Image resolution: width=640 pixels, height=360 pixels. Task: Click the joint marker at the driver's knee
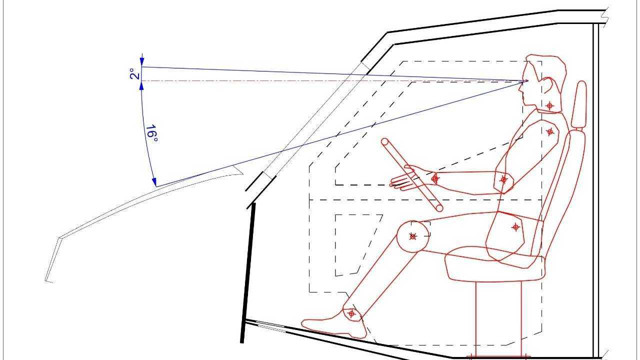click(413, 236)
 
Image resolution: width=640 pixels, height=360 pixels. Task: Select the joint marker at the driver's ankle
click(351, 313)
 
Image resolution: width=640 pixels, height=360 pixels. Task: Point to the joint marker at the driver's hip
click(516, 227)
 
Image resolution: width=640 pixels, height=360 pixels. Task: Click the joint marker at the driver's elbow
click(504, 179)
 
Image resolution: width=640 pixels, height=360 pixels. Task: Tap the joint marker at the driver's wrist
click(435, 178)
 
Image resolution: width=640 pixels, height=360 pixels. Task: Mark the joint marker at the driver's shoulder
click(550, 131)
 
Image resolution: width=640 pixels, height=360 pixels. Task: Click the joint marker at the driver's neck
click(550, 105)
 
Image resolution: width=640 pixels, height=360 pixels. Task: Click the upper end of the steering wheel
click(385, 142)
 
